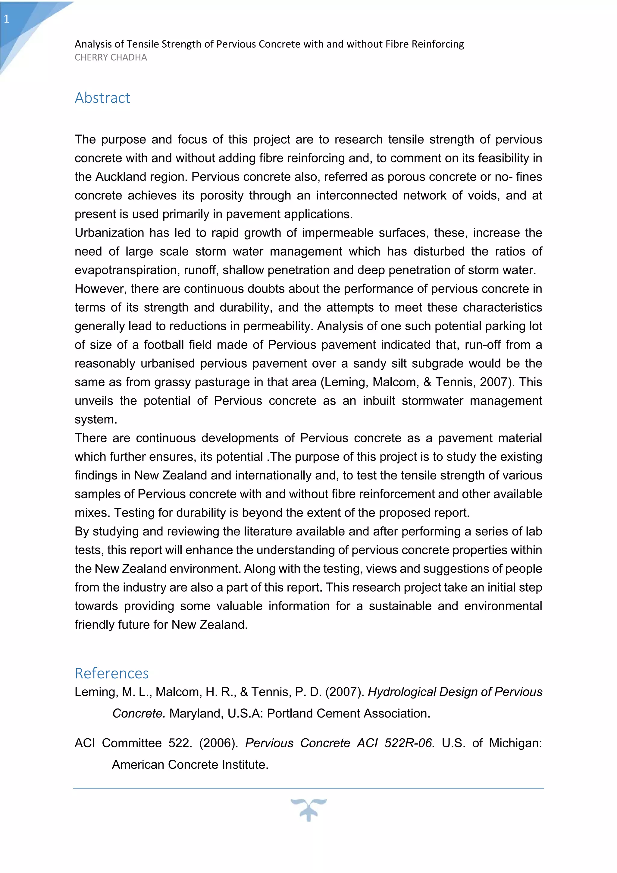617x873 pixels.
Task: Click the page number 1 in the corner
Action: (x=6, y=19)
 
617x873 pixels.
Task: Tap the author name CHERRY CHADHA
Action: (x=111, y=58)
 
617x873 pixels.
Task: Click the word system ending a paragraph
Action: (x=96, y=419)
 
